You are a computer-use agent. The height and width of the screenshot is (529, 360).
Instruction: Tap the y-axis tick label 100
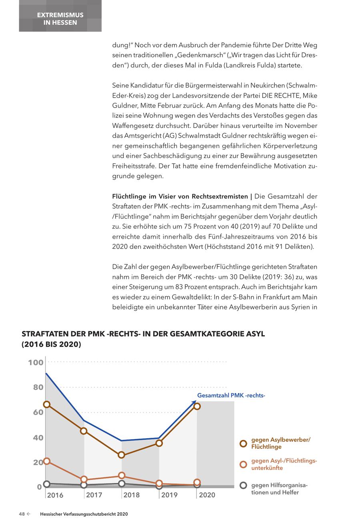click(x=35, y=363)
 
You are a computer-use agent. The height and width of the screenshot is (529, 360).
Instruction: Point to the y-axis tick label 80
click(x=38, y=387)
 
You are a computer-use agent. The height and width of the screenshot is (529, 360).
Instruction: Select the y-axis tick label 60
click(x=38, y=412)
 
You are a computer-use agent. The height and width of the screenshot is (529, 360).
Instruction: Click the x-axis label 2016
click(x=55, y=495)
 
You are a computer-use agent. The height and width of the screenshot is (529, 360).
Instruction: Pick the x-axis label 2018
click(x=132, y=495)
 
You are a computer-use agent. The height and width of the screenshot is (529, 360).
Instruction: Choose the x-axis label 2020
click(x=207, y=495)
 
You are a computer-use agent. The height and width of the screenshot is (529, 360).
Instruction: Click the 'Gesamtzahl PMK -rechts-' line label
click(x=231, y=396)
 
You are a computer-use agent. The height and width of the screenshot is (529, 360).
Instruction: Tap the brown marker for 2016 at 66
click(x=46, y=405)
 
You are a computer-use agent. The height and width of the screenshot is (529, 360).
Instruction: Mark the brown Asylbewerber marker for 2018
click(x=122, y=455)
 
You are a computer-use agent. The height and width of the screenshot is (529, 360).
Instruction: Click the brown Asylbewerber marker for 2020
click(x=197, y=406)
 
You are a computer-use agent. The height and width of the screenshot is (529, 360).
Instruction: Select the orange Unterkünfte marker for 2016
click(x=46, y=461)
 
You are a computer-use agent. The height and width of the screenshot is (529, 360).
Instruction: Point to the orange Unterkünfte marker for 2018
click(x=122, y=475)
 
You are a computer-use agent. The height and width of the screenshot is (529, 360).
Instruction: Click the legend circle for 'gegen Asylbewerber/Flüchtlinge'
click(x=243, y=443)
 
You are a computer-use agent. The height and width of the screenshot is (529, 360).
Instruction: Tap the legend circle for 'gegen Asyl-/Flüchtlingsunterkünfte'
click(x=243, y=464)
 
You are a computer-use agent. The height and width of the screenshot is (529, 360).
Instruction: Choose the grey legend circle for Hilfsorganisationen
click(x=243, y=485)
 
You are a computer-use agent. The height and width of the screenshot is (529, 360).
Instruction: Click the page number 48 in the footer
click(x=22, y=514)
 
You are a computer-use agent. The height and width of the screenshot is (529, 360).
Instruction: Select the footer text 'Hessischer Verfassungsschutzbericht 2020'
click(x=84, y=514)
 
